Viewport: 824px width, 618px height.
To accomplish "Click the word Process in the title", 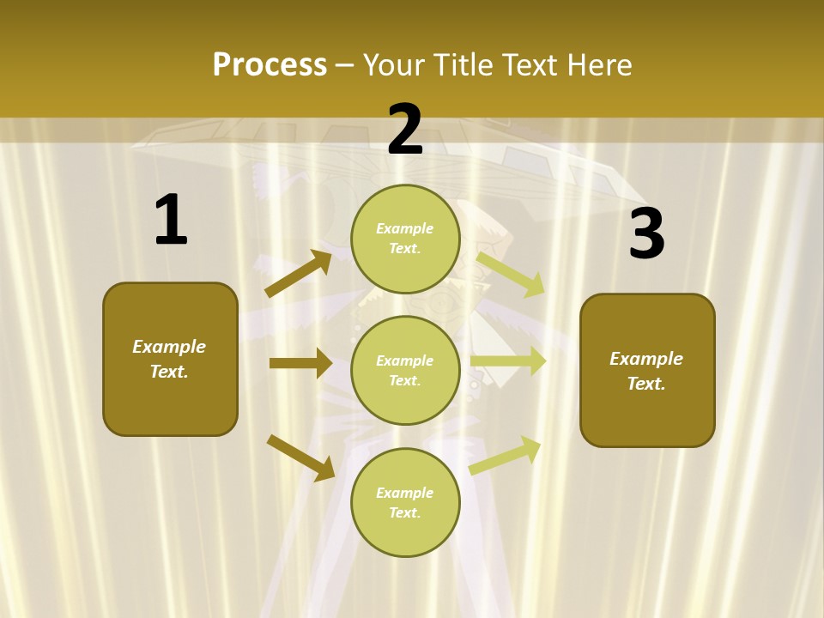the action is click(270, 64).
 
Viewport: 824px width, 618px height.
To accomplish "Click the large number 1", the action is click(171, 221).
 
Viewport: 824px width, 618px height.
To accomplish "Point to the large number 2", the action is click(405, 130).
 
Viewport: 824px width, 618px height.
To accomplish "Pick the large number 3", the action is click(646, 234).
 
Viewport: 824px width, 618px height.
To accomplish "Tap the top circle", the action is click(405, 239).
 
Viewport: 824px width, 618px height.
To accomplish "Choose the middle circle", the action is click(405, 370).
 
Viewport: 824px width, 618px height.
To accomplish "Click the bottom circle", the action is click(405, 502).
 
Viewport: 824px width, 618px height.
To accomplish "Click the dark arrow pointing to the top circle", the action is click(299, 274).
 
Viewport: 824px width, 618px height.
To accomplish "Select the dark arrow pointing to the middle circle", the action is click(300, 363).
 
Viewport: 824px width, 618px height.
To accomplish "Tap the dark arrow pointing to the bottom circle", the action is click(300, 457).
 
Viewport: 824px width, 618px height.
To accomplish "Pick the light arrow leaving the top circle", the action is click(511, 273).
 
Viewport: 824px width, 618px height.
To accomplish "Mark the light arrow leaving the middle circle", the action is click(508, 361).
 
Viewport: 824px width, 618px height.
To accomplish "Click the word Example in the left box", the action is click(169, 347).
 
